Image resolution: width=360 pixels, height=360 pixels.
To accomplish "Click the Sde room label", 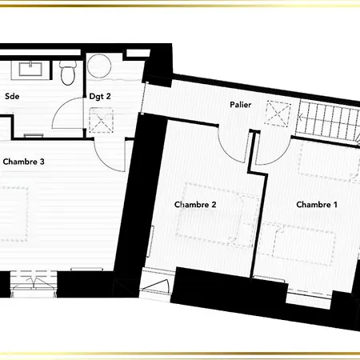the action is [12, 96].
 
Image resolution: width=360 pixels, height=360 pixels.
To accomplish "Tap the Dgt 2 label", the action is [100, 96].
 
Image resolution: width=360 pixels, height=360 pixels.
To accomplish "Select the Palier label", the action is [241, 105].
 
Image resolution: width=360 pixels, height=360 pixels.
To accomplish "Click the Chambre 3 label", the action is [23, 162].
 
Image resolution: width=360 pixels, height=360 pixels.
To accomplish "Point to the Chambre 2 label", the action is [195, 205].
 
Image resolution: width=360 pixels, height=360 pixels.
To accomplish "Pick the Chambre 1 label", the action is [317, 205].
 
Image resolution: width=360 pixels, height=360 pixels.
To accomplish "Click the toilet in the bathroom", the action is [68, 73].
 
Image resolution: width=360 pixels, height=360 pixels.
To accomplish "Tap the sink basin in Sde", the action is [30, 69].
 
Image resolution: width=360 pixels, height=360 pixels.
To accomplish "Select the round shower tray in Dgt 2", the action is [99, 66].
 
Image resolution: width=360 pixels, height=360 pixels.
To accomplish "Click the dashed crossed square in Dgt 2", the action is [101, 120].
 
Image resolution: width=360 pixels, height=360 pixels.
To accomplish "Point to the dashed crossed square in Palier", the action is [278, 113].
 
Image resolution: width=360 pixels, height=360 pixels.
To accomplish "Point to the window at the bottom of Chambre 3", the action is [34, 284].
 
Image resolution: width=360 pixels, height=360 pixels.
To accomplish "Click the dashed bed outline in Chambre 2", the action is [218, 214].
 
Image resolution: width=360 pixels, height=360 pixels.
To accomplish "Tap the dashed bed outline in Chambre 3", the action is [14, 214].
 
